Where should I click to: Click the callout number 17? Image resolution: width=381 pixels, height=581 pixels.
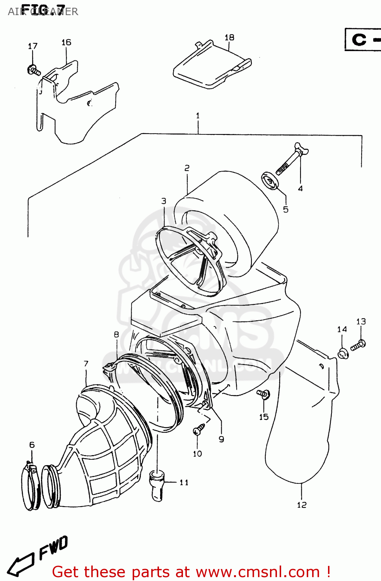pos(32,46)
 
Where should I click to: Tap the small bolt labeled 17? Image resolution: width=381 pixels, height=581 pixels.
pos(34,71)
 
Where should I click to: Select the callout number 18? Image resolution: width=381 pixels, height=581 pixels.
pos(229,37)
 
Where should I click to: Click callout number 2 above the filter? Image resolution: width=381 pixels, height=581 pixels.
pos(187,168)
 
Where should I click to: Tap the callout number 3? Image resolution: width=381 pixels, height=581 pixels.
pos(164,201)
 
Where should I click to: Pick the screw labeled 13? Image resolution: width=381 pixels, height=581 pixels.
pos(358,345)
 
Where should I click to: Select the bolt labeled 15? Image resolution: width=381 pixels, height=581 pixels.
pos(264,395)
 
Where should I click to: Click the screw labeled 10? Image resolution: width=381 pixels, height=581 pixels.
pos(199,428)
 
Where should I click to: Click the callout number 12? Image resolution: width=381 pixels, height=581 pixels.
pos(302,505)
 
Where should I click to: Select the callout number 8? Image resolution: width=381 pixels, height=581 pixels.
pos(116,334)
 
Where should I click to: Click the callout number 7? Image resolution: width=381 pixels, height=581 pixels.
pos(86,363)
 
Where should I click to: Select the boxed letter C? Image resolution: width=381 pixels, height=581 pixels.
pos(359,40)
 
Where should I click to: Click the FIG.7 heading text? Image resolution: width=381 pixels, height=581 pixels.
pos(43,10)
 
